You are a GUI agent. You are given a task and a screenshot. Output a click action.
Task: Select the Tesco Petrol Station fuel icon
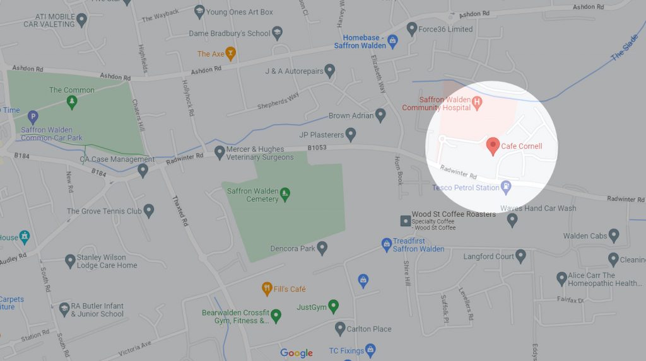(x=505, y=187)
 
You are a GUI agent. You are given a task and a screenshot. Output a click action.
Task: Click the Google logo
(x=297, y=353)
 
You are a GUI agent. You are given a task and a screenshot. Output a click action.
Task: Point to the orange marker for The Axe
(x=230, y=54)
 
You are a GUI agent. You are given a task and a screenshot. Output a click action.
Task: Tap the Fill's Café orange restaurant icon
(x=267, y=289)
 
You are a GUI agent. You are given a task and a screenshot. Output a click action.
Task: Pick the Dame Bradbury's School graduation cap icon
(x=276, y=33)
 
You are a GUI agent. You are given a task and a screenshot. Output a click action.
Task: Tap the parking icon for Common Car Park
(x=33, y=117)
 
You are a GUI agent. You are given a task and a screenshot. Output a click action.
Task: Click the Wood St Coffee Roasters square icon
(x=404, y=221)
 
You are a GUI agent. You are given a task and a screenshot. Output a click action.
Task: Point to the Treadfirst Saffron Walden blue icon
(x=387, y=243)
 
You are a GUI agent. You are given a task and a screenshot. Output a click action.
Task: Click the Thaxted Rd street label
(x=180, y=211)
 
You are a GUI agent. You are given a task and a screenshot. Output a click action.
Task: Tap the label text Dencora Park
(x=293, y=248)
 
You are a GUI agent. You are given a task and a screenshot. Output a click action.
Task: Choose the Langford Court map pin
(x=520, y=256)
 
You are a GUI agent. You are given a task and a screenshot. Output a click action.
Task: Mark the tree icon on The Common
(x=71, y=101)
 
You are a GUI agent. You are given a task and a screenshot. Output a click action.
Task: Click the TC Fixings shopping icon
(x=370, y=350)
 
